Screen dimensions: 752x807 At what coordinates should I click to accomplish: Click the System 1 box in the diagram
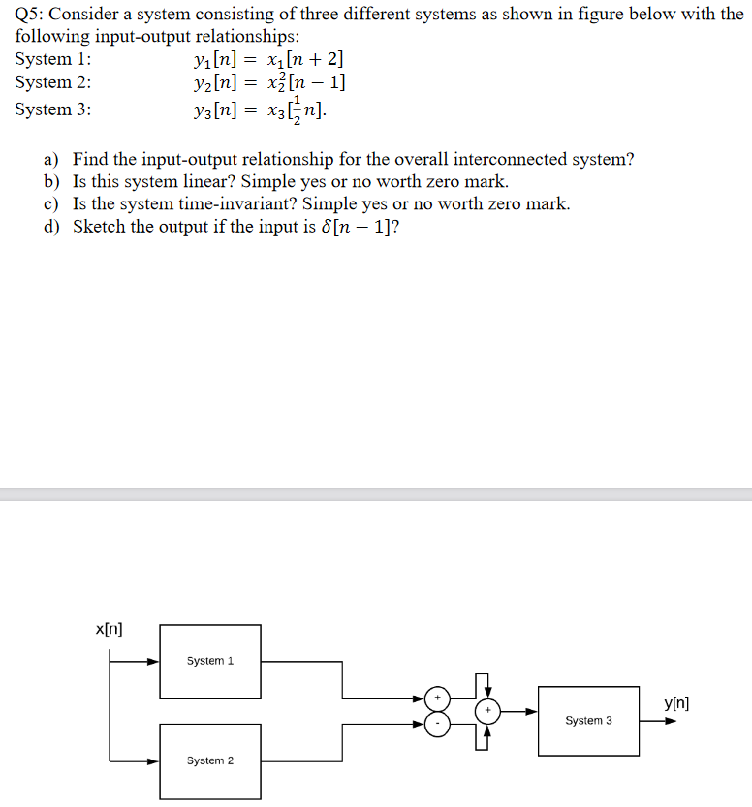tap(210, 661)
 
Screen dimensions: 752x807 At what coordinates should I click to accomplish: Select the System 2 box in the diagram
tap(210, 760)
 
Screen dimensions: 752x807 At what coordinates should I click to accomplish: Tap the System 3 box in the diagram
tap(588, 721)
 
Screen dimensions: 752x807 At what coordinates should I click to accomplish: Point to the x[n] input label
tap(109, 630)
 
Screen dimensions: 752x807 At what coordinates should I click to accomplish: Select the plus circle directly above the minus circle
tap(438, 698)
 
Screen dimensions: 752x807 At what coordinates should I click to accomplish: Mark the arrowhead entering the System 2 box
tap(153, 761)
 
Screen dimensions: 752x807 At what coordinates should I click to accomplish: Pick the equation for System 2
tap(269, 83)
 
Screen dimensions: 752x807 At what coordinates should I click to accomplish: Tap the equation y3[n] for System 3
tap(261, 110)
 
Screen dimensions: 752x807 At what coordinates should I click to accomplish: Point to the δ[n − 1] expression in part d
tap(354, 227)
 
